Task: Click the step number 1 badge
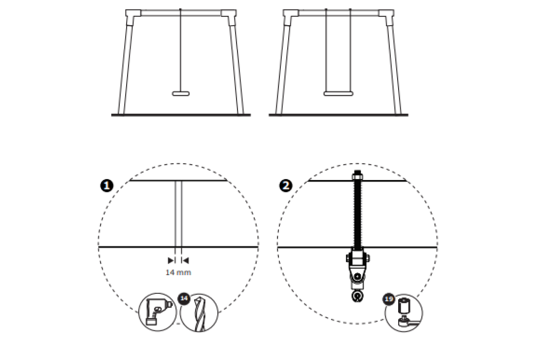tap(107, 186)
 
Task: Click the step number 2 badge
tap(285, 186)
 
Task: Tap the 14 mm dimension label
tap(178, 273)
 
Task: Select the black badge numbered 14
tap(184, 298)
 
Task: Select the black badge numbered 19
tap(389, 299)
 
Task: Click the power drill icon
tap(157, 312)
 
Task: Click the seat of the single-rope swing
tap(181, 93)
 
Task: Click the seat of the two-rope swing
tap(339, 93)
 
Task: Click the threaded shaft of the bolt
tap(357, 214)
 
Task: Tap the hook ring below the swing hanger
tap(357, 296)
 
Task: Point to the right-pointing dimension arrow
tap(171, 260)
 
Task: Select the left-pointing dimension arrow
tap(185, 260)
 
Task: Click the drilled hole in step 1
tap(178, 214)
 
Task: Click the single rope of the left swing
tap(180, 50)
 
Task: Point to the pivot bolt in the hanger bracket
tap(357, 276)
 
